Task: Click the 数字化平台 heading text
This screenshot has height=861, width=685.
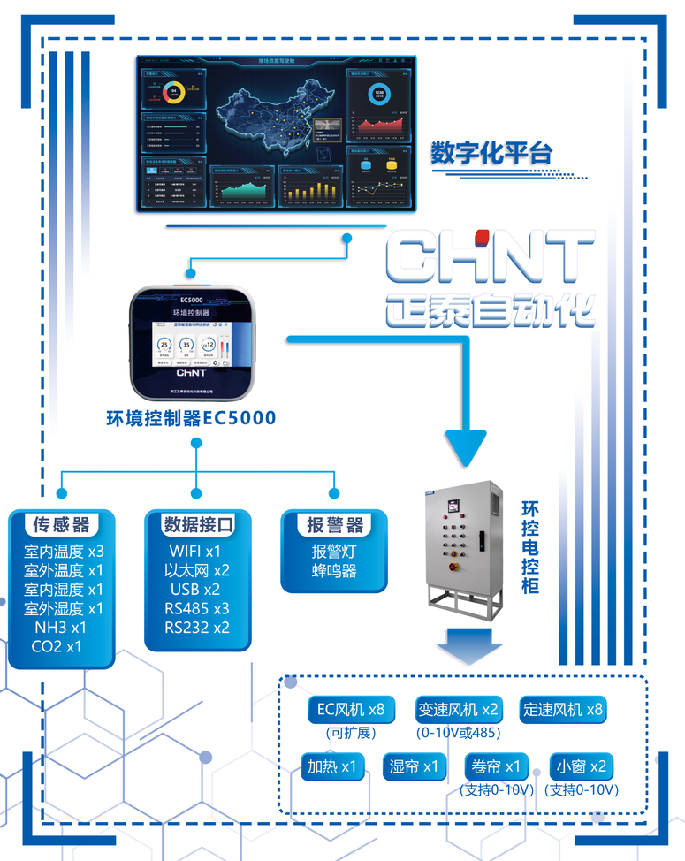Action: pyautogui.click(x=491, y=153)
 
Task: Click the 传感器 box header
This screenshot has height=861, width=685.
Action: pyautogui.click(x=62, y=525)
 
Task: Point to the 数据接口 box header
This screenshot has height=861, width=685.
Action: pyautogui.click(x=198, y=525)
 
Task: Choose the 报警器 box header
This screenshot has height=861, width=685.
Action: pyautogui.click(x=335, y=525)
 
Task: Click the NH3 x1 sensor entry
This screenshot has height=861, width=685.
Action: pyautogui.click(x=61, y=628)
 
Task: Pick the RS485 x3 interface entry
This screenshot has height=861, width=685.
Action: pyautogui.click(x=196, y=608)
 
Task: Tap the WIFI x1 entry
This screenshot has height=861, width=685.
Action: pyautogui.click(x=196, y=551)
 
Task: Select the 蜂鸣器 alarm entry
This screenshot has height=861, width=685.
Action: pyautogui.click(x=334, y=571)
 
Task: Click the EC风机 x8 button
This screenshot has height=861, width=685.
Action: pyautogui.click(x=351, y=709)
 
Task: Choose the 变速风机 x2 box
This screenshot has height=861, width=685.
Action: pyautogui.click(x=458, y=709)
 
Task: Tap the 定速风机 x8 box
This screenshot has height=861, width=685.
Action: pyautogui.click(x=564, y=709)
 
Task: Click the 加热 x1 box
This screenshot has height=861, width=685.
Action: pyautogui.click(x=332, y=766)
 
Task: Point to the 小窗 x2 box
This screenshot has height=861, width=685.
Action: pyautogui.click(x=580, y=766)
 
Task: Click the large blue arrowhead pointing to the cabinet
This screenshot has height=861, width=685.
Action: pyautogui.click(x=466, y=446)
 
